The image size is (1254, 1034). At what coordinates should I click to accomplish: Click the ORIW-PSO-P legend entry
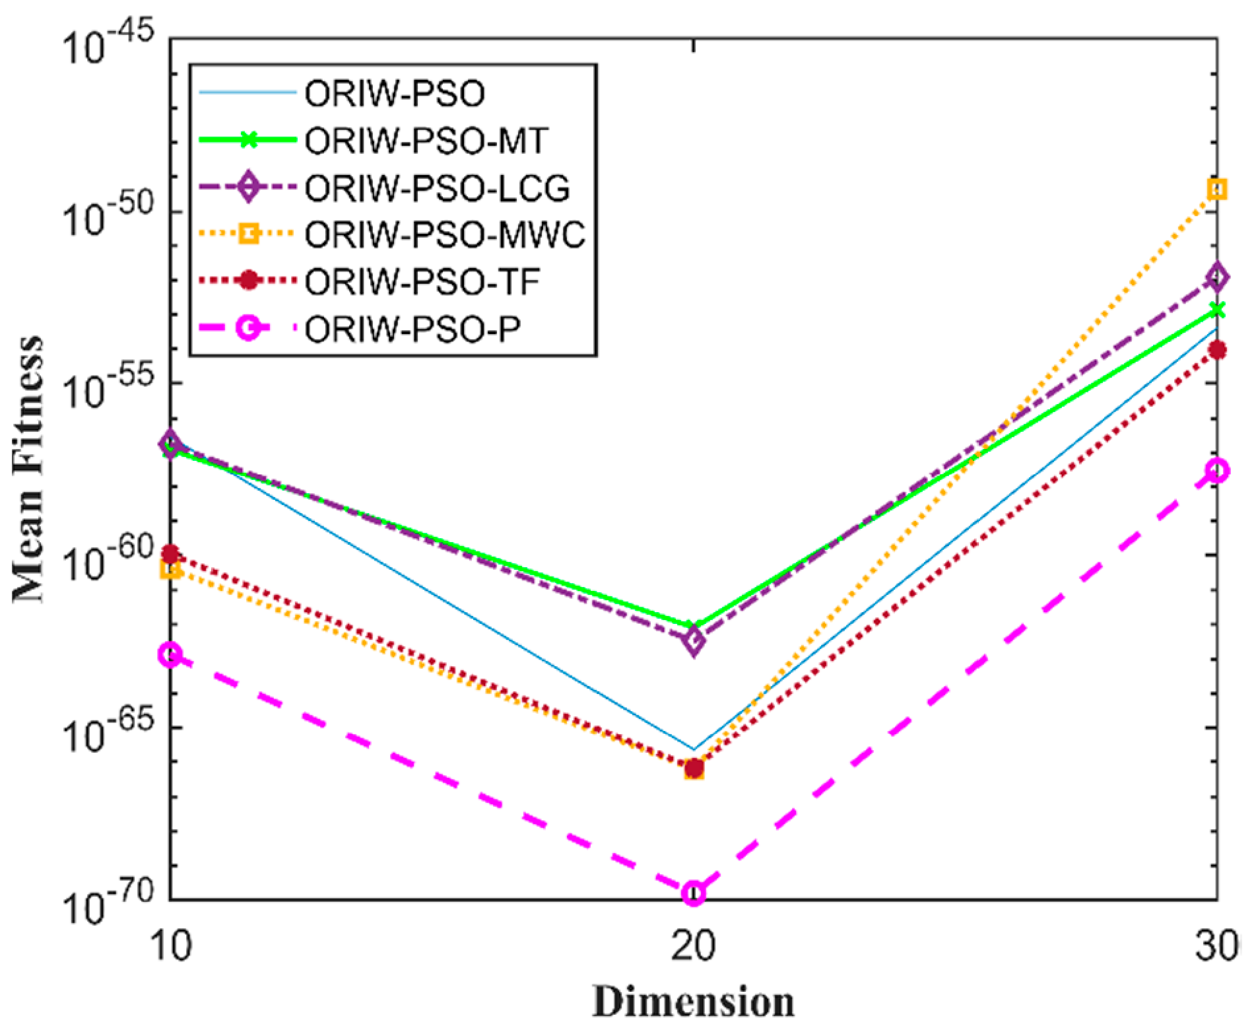tap(412, 328)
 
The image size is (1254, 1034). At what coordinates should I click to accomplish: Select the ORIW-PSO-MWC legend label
tap(445, 234)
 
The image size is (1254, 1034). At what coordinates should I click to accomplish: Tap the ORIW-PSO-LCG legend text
tap(437, 188)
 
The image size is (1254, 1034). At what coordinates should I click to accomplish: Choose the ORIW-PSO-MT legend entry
tap(426, 140)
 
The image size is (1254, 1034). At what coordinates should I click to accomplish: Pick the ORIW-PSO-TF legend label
tap(422, 281)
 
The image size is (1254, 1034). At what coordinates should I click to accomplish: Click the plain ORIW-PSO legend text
tap(395, 93)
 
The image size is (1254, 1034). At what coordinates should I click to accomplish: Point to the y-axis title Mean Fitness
tap(28, 469)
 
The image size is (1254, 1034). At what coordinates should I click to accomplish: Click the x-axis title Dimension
tap(693, 1002)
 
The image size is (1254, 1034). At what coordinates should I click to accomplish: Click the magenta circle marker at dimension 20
tap(693, 893)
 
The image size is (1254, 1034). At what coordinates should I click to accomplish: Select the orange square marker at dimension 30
tap(1216, 190)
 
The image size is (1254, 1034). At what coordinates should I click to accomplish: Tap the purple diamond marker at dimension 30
tap(1216, 277)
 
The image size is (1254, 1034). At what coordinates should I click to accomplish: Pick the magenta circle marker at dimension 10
tap(170, 656)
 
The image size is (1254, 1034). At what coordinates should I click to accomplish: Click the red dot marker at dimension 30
tap(1216, 350)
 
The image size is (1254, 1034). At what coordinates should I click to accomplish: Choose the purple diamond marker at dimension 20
tap(693, 640)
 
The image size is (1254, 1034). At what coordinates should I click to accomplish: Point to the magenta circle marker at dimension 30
tap(1216, 471)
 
